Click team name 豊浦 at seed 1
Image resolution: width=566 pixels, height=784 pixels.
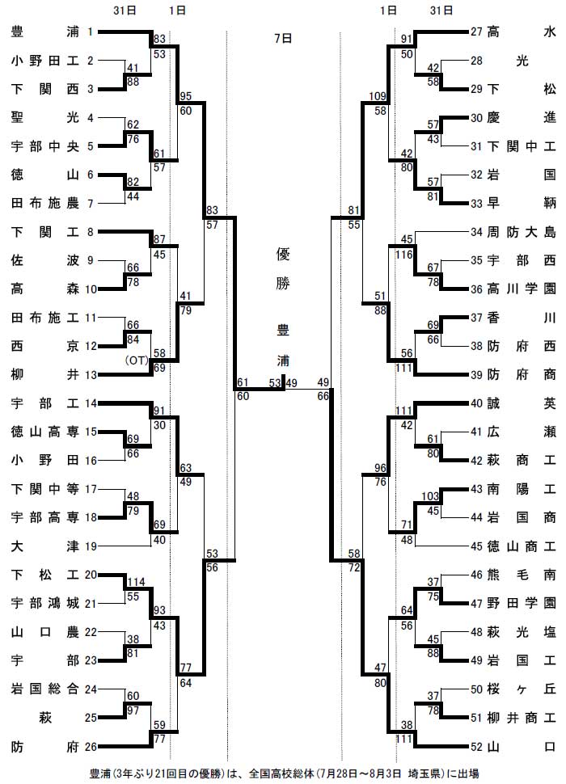tap(45, 32)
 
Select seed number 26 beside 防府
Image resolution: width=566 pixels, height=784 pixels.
tap(91, 747)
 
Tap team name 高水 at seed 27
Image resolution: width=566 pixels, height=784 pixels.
tap(522, 32)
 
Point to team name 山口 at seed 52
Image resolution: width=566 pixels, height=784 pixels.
tap(522, 747)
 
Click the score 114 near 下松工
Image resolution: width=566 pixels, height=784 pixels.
tap(136, 582)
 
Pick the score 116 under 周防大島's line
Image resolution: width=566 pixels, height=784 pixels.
tap(404, 255)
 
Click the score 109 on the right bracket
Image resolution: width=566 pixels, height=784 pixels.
tap(378, 96)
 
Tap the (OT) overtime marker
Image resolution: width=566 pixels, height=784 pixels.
tap(137, 360)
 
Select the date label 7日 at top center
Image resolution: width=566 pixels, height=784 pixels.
tap(283, 39)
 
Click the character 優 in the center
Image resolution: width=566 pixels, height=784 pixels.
tap(283, 254)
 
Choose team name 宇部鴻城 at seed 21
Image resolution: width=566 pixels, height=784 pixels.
tap(45, 604)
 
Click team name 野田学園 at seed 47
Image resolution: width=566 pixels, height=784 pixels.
tap(522, 604)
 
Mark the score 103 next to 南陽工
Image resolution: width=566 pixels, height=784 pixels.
tap(430, 496)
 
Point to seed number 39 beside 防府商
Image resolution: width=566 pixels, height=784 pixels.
tap(476, 375)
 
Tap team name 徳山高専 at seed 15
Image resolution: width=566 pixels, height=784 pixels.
tap(45, 432)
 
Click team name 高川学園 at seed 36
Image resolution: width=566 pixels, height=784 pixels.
tap(522, 289)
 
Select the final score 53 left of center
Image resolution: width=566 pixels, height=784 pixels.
tap(274, 383)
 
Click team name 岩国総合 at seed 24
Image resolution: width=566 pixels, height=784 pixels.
tap(45, 689)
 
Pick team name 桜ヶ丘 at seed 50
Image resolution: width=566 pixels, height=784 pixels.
tap(522, 689)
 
